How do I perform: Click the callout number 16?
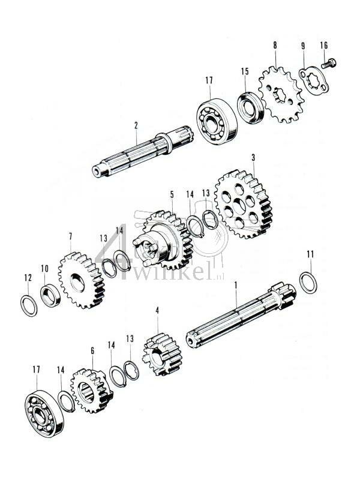324,46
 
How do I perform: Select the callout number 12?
28,278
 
